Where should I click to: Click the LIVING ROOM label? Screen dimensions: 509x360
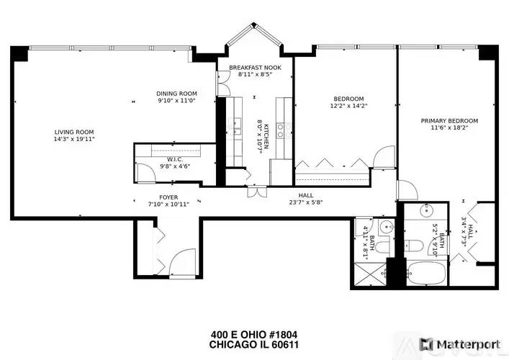[74, 132]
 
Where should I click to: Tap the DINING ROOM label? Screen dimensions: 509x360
[176, 94]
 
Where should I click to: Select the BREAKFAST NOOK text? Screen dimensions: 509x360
[255, 68]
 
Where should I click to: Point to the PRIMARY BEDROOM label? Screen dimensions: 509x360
[449, 121]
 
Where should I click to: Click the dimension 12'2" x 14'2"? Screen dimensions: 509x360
[348, 106]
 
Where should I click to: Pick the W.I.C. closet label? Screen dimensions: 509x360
[175, 159]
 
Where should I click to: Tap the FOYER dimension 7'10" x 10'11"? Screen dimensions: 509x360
[168, 204]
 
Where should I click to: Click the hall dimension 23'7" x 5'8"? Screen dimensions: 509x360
[306, 202]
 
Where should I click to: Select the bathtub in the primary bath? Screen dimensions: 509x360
[426, 274]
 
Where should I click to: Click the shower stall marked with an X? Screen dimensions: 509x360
[370, 274]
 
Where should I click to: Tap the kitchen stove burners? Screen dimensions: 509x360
[280, 130]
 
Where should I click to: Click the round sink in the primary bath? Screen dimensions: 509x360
[426, 211]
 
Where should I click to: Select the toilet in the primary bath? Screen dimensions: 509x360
[413, 245]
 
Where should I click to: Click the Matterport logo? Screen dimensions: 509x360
[460, 344]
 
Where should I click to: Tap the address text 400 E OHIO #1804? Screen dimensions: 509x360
[254, 334]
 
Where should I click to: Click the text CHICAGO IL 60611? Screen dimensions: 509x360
[254, 344]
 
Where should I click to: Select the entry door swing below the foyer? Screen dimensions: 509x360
[182, 262]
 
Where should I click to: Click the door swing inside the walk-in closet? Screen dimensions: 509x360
[146, 173]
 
